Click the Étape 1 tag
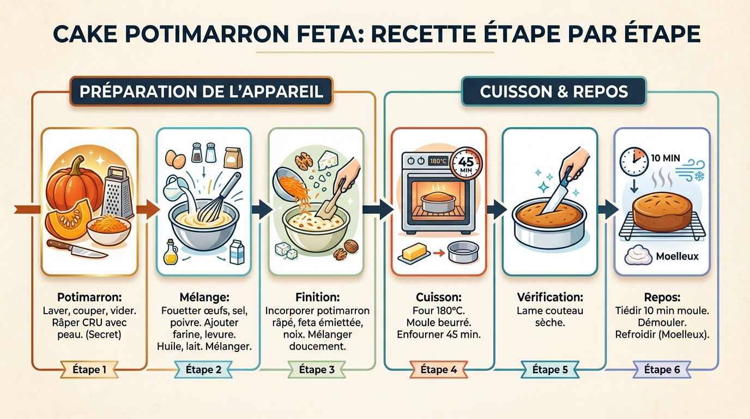[89, 369]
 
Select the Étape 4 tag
[438, 369]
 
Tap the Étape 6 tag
[662, 369]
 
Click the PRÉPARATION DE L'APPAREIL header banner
[201, 91]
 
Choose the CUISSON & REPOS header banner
[553, 91]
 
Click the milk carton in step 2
[237, 252]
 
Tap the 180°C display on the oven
[438, 161]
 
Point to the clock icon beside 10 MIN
[633, 159]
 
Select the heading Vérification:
[549, 297]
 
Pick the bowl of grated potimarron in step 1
[108, 230]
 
